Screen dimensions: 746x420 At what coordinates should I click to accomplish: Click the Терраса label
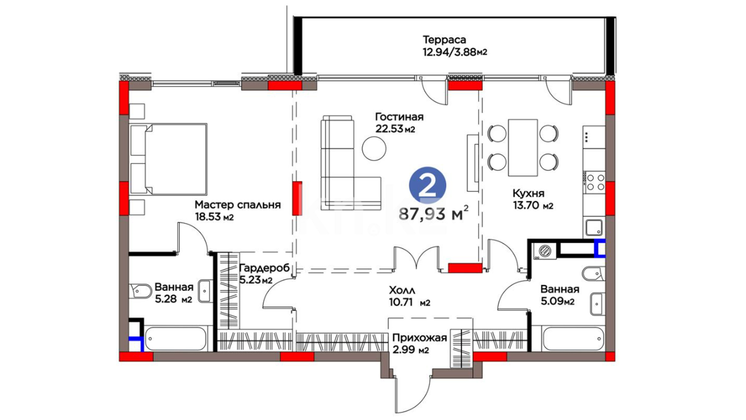(444, 40)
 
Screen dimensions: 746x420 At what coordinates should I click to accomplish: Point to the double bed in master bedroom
(168, 159)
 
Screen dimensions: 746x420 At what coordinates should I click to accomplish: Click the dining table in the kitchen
(523, 147)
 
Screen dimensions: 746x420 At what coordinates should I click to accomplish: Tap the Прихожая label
(419, 338)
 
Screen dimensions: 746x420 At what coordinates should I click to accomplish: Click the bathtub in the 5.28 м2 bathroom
(176, 339)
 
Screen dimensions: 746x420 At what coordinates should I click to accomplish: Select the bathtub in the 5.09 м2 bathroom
(573, 339)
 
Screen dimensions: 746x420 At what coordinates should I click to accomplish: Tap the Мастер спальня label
(238, 205)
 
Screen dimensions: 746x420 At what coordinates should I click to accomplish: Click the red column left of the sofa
(297, 198)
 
